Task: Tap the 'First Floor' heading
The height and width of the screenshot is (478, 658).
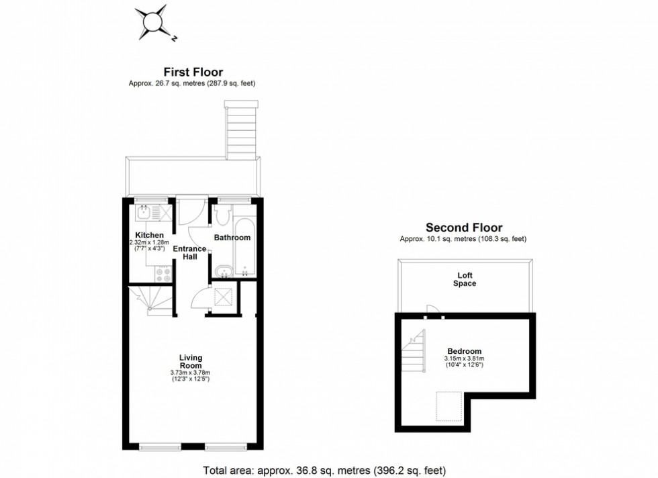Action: (x=193, y=72)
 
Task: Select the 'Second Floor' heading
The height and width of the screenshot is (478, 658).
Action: (x=463, y=228)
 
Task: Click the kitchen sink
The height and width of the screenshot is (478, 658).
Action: (x=144, y=214)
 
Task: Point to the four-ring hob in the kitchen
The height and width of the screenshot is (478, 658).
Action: (x=163, y=274)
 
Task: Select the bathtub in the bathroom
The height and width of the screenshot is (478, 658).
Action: (x=244, y=245)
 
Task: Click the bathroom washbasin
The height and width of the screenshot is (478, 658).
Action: (x=224, y=272)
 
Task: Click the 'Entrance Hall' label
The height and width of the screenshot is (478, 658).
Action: (x=190, y=253)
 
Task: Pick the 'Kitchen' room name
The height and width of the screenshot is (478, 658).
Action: (x=149, y=234)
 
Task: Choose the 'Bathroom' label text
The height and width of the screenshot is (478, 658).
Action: (x=232, y=238)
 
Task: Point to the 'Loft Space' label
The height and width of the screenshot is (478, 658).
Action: (x=464, y=279)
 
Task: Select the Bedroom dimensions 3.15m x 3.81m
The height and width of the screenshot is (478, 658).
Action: (x=464, y=359)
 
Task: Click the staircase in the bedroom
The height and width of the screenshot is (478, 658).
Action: (x=414, y=352)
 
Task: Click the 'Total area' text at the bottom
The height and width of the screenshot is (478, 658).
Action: (x=324, y=470)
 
